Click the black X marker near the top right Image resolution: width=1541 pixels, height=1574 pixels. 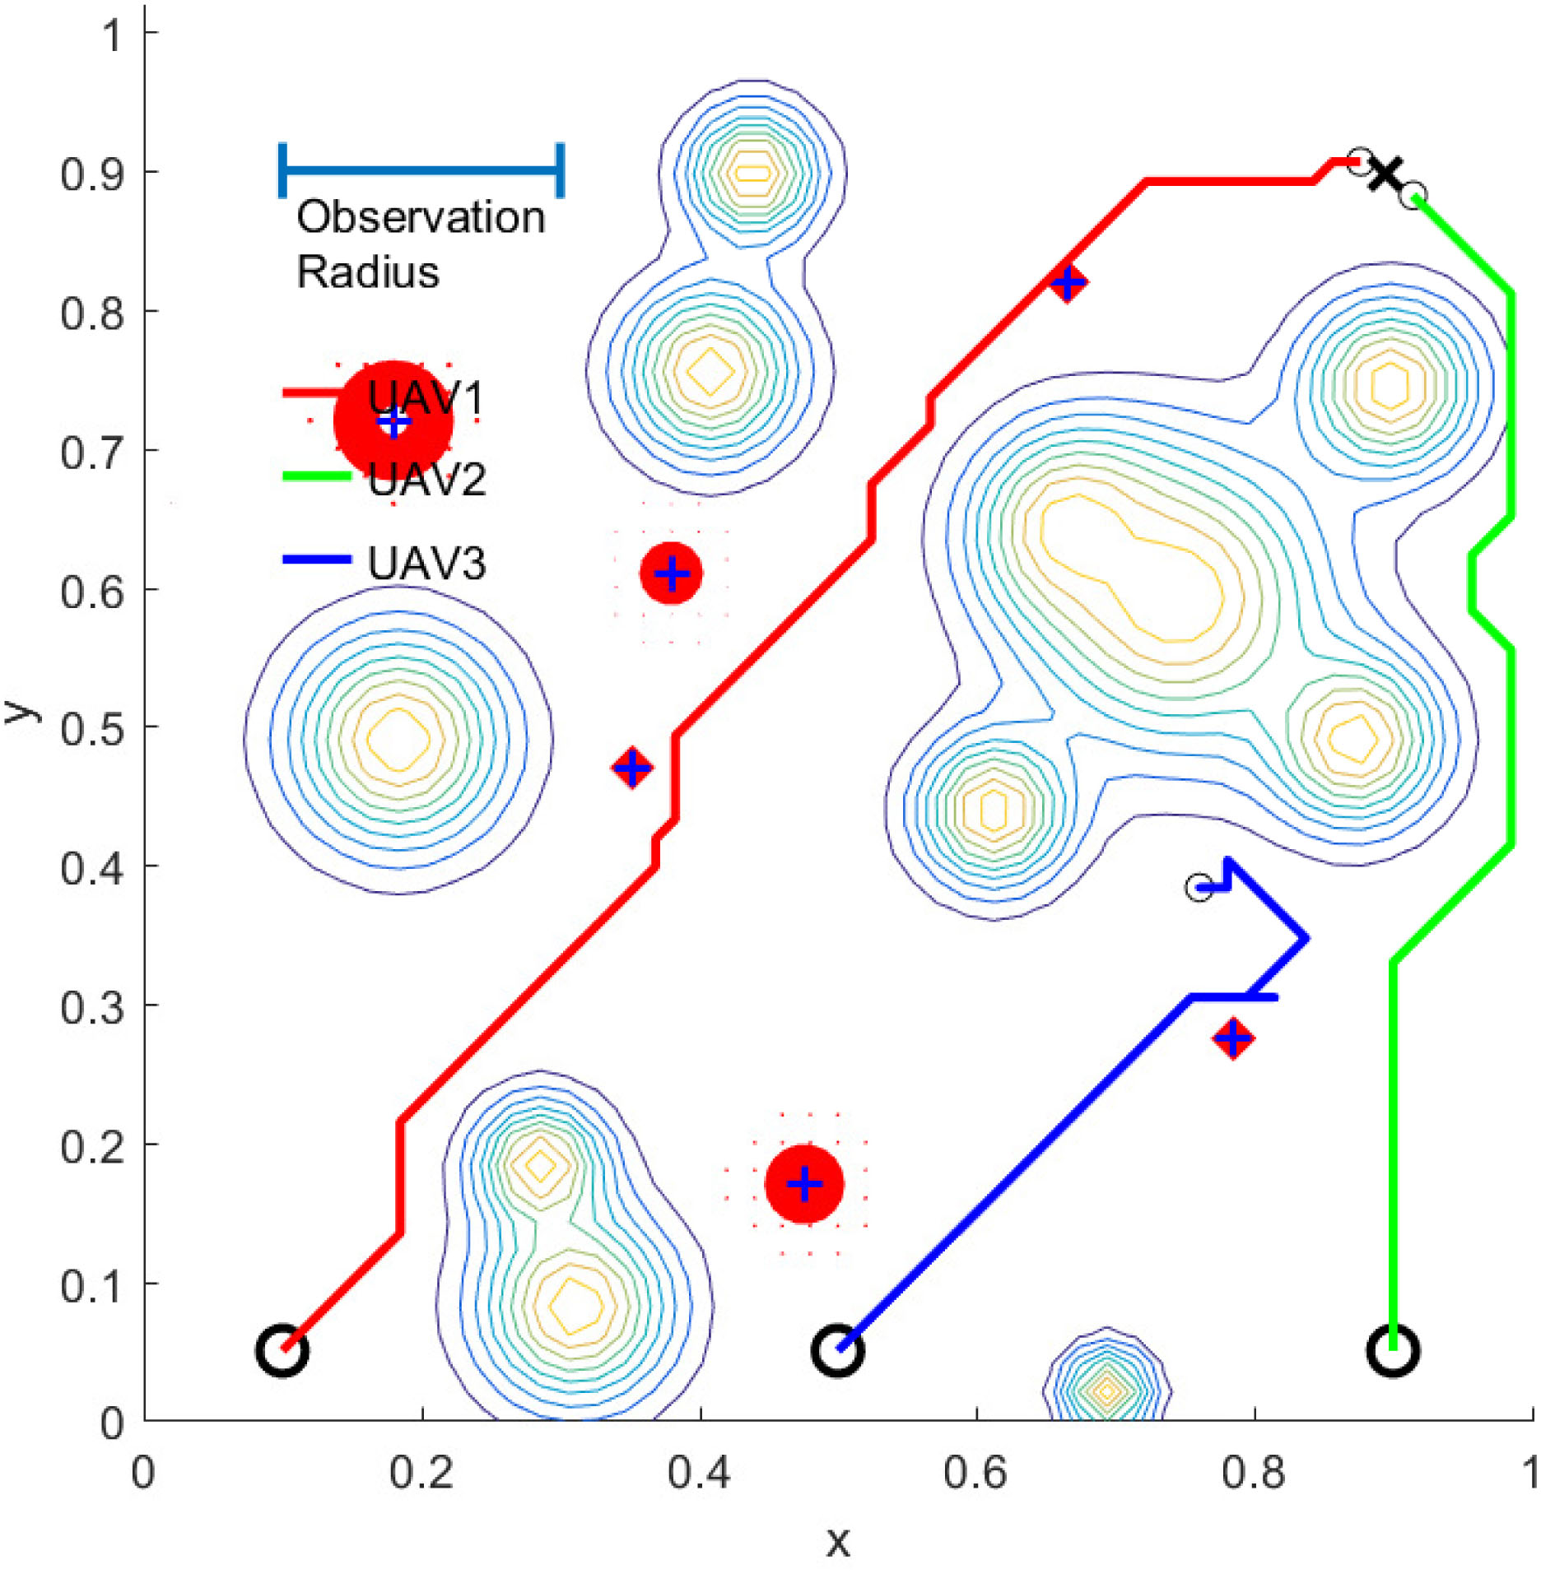[1385, 174]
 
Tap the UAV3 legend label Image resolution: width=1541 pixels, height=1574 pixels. [426, 564]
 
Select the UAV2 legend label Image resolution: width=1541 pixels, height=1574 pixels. [426, 478]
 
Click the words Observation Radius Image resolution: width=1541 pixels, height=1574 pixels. [420, 244]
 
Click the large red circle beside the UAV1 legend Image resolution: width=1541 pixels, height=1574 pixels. [393, 421]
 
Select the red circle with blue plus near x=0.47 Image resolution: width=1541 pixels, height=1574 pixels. [804, 1184]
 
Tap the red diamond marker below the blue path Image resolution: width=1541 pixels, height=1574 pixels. [1232, 1038]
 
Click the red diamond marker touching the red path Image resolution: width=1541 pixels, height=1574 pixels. [1068, 283]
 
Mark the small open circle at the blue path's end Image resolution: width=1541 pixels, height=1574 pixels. [1199, 888]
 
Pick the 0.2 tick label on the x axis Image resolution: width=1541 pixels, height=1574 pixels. [421, 1472]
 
